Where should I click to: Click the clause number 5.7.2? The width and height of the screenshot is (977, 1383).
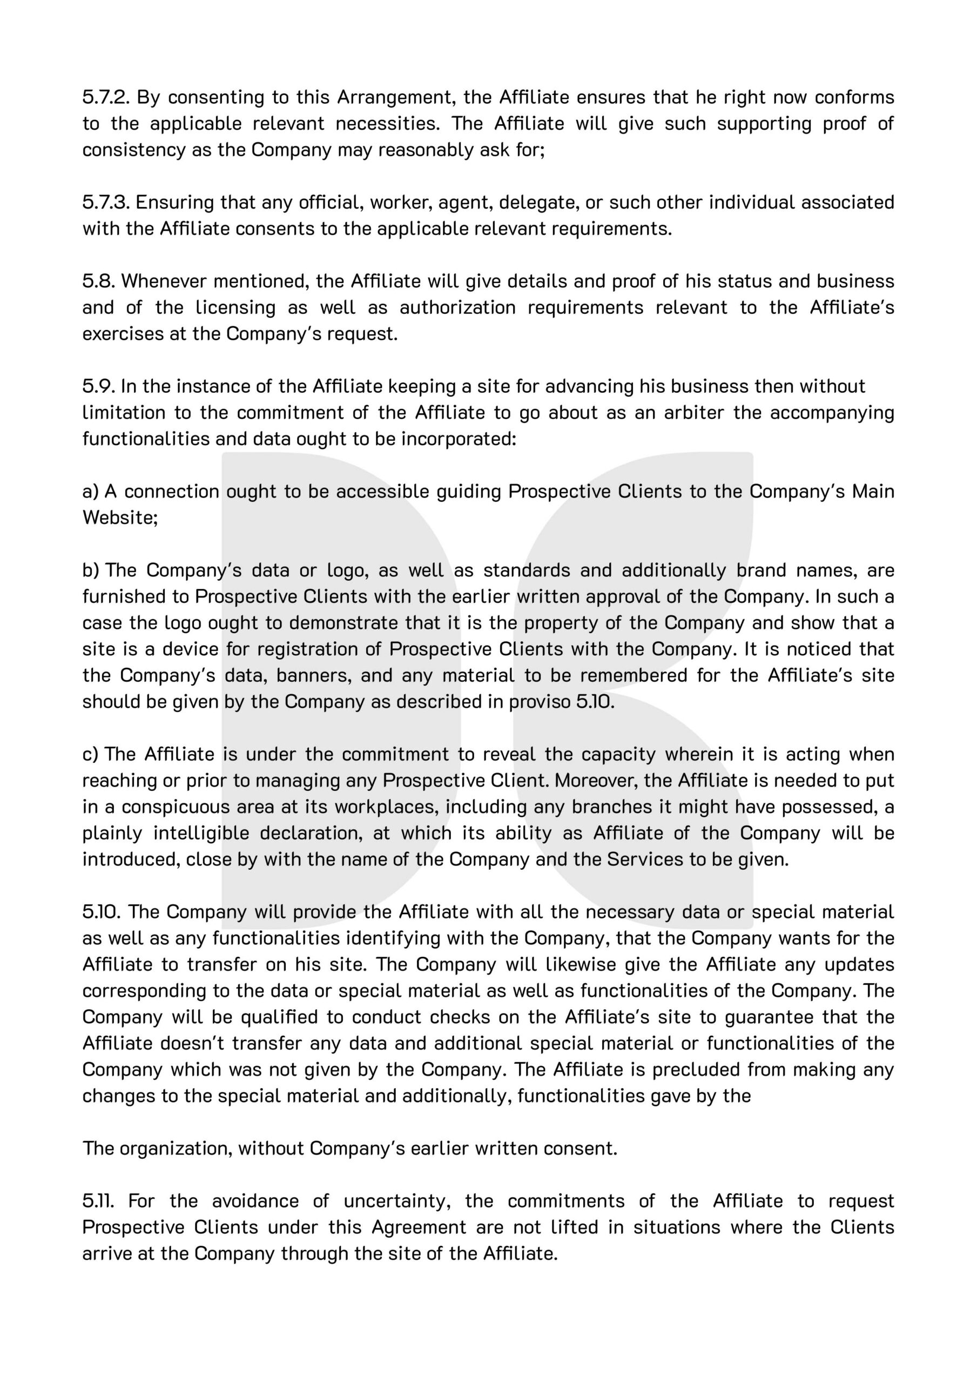106,97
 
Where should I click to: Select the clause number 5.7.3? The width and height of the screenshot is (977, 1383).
106,203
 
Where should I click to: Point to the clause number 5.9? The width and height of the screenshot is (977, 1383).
99,386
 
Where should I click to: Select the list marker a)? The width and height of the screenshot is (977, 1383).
90,492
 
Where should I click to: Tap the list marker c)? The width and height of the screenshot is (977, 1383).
90,754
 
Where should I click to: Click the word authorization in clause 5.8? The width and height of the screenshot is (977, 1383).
458,308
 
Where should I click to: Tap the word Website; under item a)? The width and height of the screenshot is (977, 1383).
120,518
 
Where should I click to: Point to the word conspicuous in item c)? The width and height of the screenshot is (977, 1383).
158,807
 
